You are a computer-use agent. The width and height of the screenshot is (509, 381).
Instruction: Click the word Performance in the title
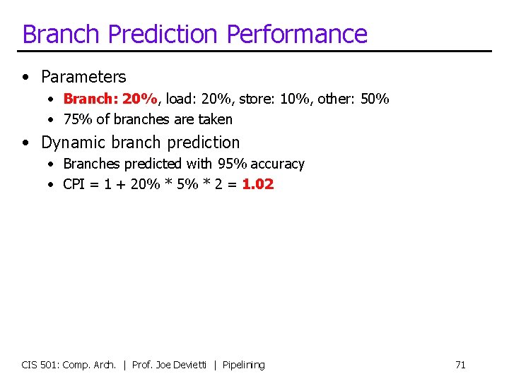tap(297, 35)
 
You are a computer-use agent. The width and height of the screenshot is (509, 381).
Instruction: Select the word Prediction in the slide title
tap(164, 35)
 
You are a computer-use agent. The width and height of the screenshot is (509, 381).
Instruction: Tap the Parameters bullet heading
tap(83, 77)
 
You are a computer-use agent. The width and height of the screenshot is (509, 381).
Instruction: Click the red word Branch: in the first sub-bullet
tap(90, 99)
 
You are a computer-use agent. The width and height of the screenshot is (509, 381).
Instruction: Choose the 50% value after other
tap(375, 99)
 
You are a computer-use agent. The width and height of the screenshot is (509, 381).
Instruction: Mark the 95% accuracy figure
tap(233, 164)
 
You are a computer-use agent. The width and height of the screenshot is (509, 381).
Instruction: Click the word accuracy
tap(277, 164)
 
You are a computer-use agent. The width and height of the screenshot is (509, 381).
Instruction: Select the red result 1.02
tap(257, 185)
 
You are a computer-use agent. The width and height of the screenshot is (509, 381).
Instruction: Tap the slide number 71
tap(460, 365)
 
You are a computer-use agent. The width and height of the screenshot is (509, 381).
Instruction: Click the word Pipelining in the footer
tap(243, 365)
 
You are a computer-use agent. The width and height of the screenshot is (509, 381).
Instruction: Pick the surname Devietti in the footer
tap(191, 365)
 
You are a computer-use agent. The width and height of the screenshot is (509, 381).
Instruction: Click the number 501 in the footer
tap(48, 365)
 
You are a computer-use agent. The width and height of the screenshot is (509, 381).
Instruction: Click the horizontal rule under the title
tap(255, 51)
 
